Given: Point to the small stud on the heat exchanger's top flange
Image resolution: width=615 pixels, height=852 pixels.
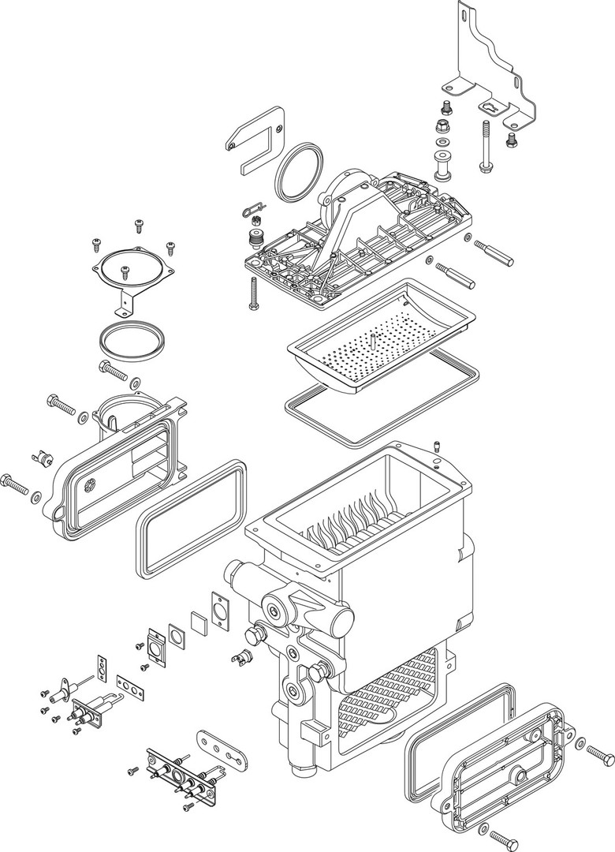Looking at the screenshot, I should (436, 447).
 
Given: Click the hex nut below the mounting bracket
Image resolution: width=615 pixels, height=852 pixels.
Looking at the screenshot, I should (443, 126).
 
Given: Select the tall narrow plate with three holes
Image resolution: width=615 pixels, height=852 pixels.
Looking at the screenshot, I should (102, 667).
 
